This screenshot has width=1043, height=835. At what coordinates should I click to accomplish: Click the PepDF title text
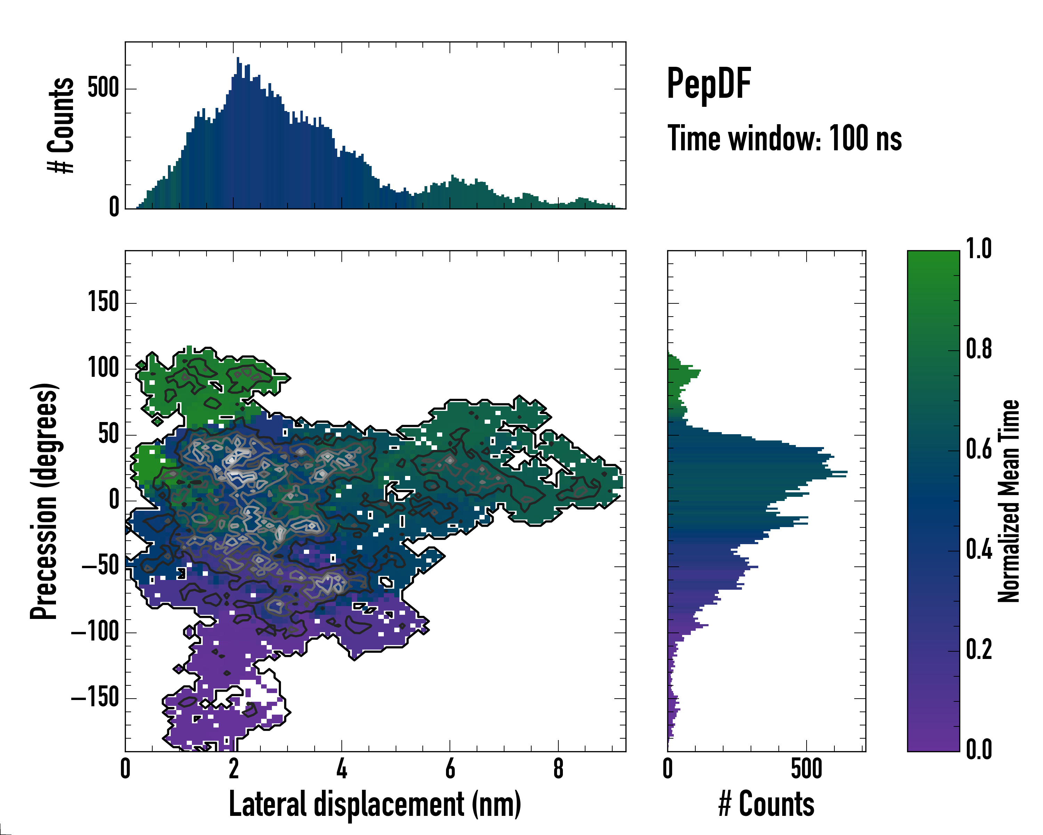(x=708, y=84)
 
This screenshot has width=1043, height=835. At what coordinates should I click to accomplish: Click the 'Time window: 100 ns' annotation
(x=784, y=138)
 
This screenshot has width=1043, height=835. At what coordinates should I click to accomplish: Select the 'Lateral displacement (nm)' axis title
(x=374, y=804)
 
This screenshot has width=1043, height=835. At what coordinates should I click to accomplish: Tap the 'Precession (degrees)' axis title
(x=45, y=501)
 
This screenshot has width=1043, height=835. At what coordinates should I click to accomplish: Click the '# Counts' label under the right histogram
(x=766, y=804)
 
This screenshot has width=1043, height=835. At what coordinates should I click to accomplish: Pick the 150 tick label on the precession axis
(x=103, y=303)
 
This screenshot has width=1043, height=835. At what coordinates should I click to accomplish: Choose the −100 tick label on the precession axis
(x=95, y=632)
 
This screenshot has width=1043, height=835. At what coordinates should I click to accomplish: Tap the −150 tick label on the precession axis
(x=95, y=698)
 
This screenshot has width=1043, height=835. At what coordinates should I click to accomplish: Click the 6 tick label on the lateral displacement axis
(x=450, y=769)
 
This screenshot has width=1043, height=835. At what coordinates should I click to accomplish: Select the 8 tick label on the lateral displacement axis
(x=558, y=769)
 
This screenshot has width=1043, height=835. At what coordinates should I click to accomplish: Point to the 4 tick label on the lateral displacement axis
(x=341, y=769)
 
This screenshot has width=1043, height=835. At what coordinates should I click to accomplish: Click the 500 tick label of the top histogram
(x=103, y=89)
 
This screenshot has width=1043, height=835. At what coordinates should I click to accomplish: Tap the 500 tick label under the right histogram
(x=807, y=769)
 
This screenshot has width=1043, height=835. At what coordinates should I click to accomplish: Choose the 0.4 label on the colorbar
(x=979, y=550)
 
